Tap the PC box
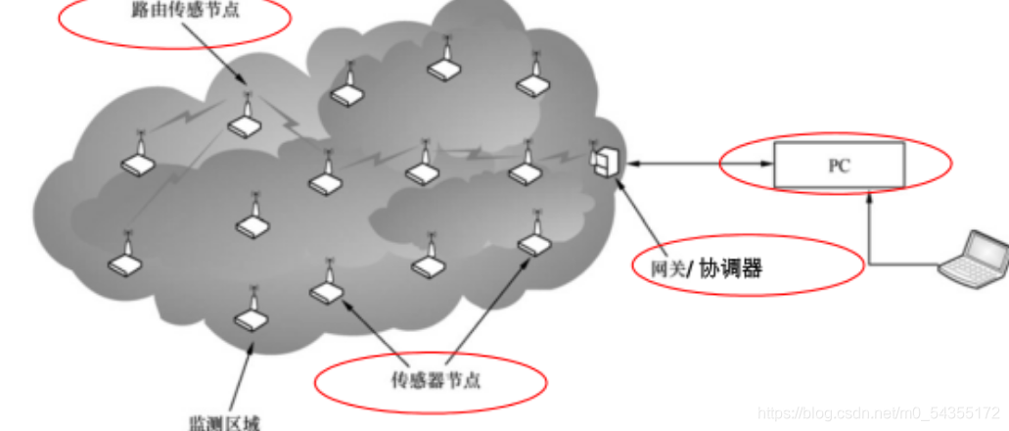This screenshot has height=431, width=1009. point(839,165)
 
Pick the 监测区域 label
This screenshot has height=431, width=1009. point(222,422)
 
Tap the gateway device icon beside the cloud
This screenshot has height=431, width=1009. point(605,161)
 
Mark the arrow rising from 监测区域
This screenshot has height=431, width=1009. point(239,372)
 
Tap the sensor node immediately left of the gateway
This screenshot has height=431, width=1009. point(526,168)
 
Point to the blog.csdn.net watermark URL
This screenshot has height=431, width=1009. point(879,413)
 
